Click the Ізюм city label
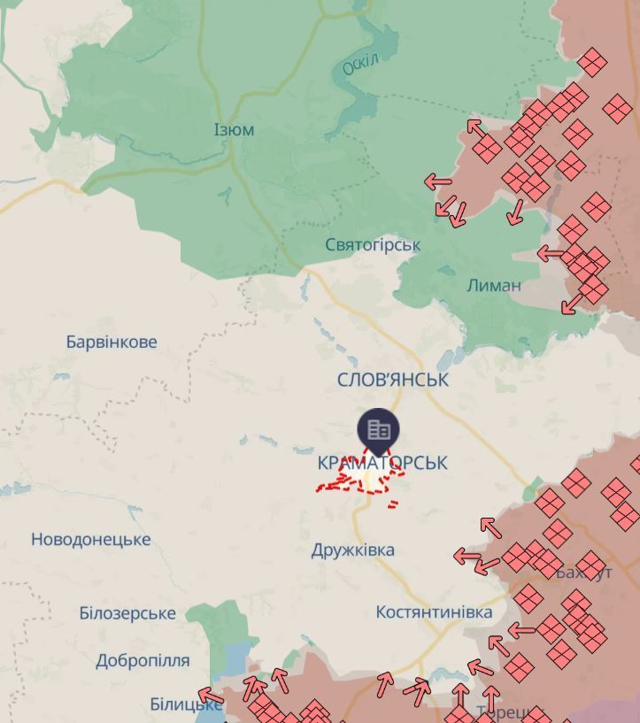[234, 130]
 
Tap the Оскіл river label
[360, 64]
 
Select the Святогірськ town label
[373, 244]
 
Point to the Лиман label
[493, 286]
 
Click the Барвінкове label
[112, 342]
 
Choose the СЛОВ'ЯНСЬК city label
[393, 380]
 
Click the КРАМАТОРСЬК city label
[382, 462]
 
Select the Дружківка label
[353, 550]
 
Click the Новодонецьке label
[91, 539]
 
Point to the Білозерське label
[127, 612]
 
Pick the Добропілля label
[143, 660]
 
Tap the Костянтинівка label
[434, 612]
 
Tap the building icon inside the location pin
[379, 429]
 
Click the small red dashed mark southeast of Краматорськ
[392, 504]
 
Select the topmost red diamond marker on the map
[592, 63]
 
